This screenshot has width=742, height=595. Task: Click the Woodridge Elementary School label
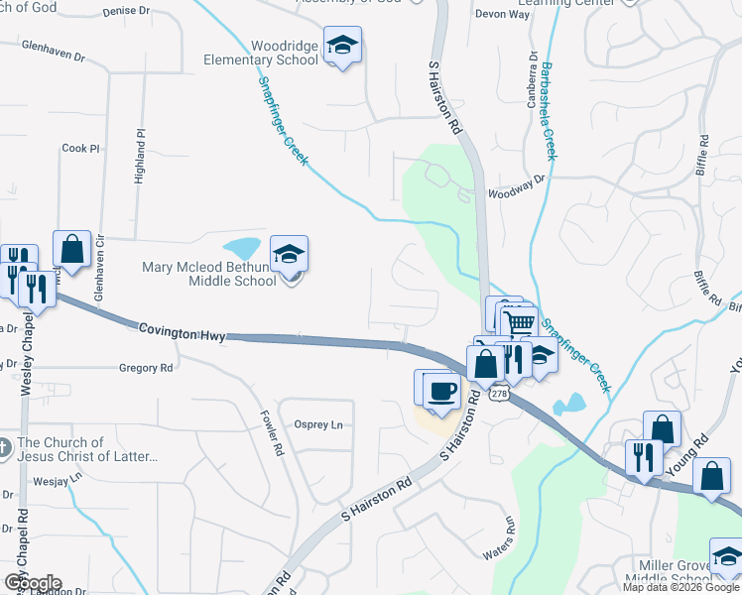click(x=262, y=53)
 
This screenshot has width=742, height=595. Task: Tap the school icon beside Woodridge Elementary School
click(x=342, y=46)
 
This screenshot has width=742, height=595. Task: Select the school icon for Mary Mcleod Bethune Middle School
click(x=289, y=255)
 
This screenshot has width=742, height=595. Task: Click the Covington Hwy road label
click(x=184, y=330)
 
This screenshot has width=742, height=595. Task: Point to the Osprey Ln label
click(x=318, y=424)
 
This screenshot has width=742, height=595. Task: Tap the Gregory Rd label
click(x=146, y=368)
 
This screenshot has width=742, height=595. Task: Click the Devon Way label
click(x=497, y=14)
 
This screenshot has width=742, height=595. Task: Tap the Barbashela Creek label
click(x=549, y=111)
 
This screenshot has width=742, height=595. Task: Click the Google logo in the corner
click(x=32, y=583)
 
